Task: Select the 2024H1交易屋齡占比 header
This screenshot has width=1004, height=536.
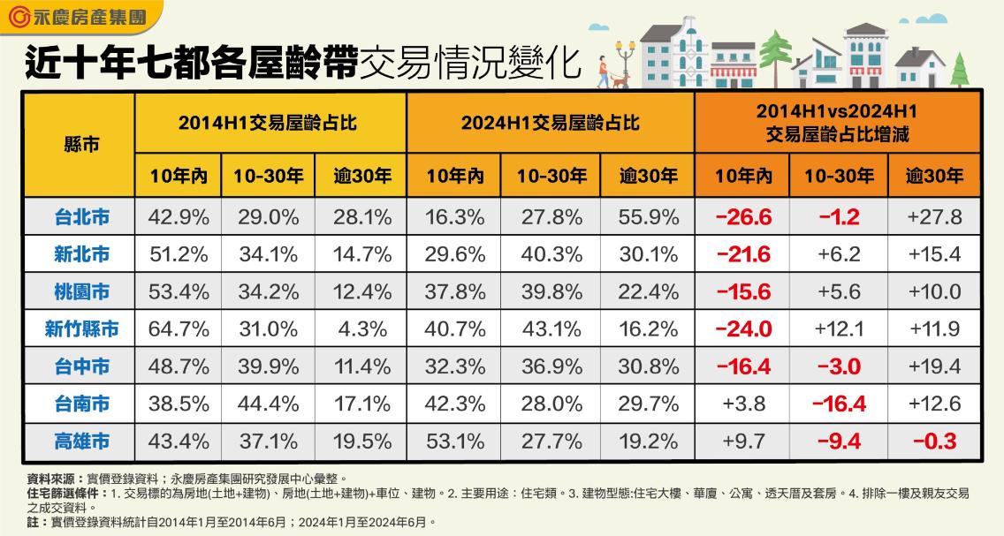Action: coord(550,122)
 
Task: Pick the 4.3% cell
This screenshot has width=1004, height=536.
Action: coord(362,329)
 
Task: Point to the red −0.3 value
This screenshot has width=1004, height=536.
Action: coord(934,442)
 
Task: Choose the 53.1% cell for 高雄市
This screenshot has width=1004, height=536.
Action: coord(457,442)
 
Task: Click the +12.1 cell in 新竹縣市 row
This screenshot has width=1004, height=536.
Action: coord(839,329)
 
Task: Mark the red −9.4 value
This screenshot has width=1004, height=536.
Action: coord(839,442)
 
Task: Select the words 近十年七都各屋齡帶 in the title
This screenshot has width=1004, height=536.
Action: coord(190,63)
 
